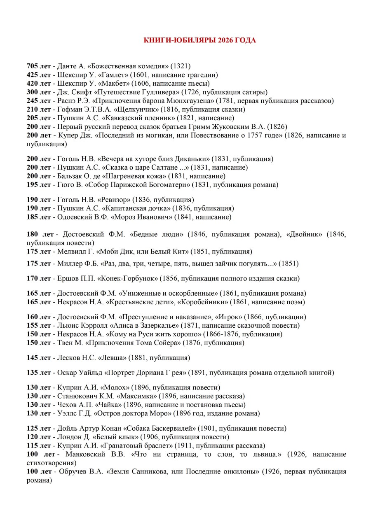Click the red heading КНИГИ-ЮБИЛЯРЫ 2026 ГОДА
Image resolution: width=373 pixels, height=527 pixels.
click(199, 40)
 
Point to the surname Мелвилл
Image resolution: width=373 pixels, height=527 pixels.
click(71, 252)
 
